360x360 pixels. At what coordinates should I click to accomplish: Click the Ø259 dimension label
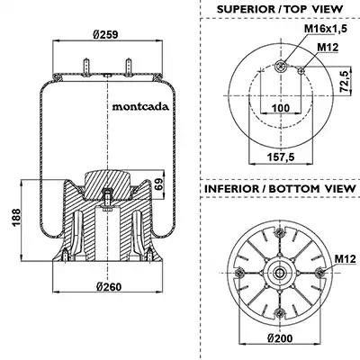105,34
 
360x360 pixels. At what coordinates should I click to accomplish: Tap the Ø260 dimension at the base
109,287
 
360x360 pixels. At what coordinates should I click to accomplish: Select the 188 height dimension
15,217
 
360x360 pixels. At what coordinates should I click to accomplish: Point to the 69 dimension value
159,184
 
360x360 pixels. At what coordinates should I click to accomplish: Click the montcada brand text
140,107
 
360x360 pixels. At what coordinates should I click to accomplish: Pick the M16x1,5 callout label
326,29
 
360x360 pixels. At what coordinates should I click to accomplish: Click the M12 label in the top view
328,47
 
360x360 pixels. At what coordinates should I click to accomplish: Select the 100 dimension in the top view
281,108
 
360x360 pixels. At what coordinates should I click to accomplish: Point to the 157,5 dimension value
281,157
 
